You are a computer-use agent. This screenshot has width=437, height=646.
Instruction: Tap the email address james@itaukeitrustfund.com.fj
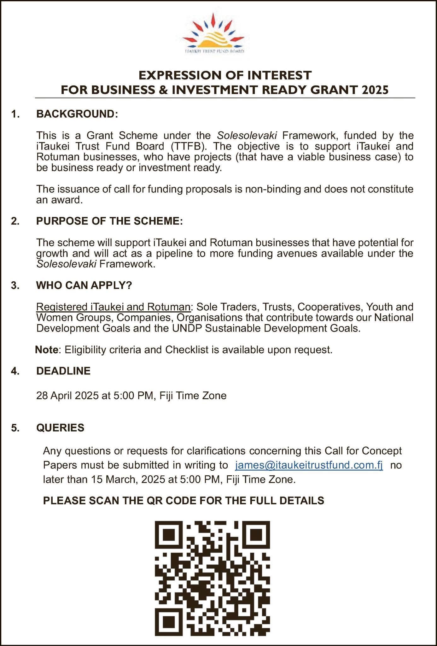[x=309, y=465]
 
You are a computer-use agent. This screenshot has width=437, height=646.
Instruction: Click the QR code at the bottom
[x=212, y=578]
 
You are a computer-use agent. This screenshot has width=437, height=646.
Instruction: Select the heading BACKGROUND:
[x=77, y=114]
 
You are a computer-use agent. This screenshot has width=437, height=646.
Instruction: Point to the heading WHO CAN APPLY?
[x=84, y=285]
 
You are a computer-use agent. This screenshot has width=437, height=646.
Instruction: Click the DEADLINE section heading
[x=63, y=371]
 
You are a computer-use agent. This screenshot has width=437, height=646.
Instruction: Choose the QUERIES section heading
[x=60, y=428]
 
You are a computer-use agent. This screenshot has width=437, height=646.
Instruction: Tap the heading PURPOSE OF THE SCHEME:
[x=109, y=221]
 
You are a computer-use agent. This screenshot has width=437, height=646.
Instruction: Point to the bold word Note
[x=47, y=350]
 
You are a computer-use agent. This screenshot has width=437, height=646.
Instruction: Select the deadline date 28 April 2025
[x=67, y=396]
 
